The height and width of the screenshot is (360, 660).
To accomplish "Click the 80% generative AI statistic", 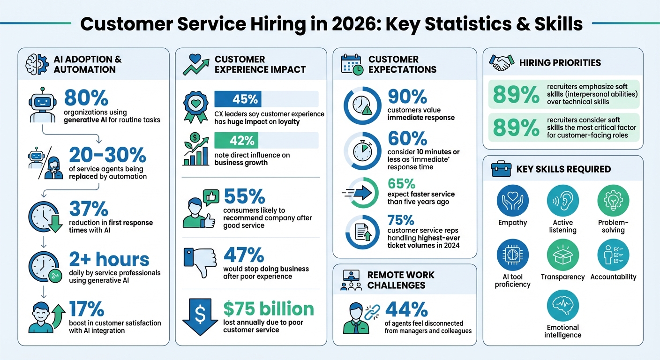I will tap(86, 99).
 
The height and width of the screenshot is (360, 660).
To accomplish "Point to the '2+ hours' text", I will tap(109, 259).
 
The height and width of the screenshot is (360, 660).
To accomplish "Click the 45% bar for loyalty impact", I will tap(238, 99).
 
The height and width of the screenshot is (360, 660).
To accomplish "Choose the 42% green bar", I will tap(236, 141).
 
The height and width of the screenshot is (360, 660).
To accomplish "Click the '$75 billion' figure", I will tap(269, 309).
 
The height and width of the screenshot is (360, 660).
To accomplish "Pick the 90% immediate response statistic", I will tap(407, 97).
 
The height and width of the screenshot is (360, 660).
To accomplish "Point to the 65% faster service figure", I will tap(402, 183).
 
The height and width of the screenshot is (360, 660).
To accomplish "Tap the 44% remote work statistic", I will tap(406, 309).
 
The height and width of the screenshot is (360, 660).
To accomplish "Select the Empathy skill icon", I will tap(512, 201).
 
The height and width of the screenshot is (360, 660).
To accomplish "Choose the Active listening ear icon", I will tap(562, 201).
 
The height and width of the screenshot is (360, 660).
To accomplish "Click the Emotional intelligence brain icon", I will tap(562, 306).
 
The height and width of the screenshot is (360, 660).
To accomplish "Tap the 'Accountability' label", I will tap(613, 277).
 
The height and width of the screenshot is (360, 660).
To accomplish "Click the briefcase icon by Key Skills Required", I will tap(501, 169).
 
